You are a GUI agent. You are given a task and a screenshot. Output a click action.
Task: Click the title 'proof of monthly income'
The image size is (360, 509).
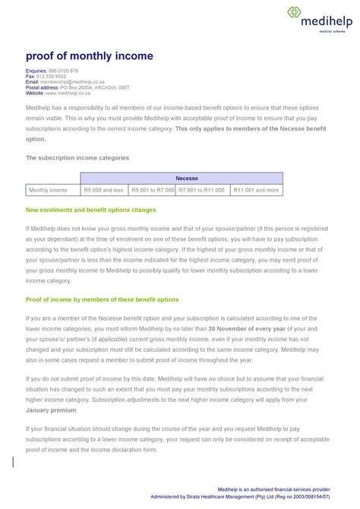pyautogui.click(x=90, y=56)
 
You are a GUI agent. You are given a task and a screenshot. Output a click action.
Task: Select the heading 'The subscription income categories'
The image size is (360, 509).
pyautogui.click(x=77, y=157)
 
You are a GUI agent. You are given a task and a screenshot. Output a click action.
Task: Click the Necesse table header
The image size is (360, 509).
pyautogui.click(x=187, y=178)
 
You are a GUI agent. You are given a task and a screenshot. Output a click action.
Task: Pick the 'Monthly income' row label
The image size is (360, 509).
pyautogui.click(x=48, y=190)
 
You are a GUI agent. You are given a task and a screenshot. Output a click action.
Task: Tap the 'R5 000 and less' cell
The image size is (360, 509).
pyautogui.click(x=103, y=190)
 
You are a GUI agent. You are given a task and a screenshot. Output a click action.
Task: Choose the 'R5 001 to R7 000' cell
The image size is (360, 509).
pyautogui.click(x=152, y=190)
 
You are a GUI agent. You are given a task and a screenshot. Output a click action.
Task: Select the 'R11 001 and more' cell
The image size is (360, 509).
pyautogui.click(x=256, y=190)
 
